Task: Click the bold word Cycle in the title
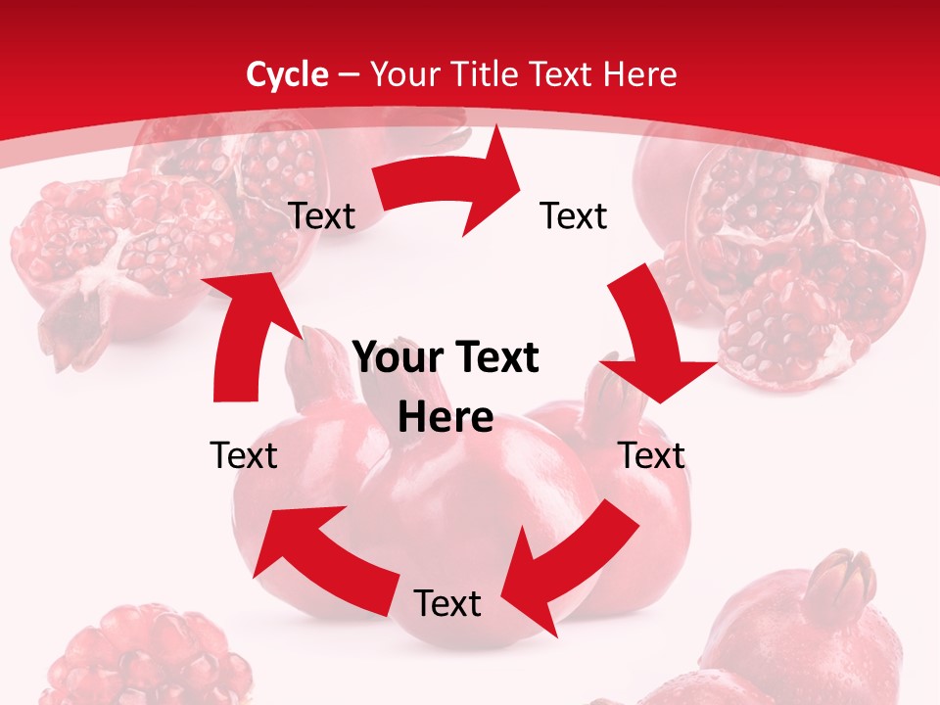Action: pos(287,74)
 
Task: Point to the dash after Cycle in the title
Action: pos(349,75)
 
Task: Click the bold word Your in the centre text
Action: pos(400,358)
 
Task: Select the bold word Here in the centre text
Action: pos(446,418)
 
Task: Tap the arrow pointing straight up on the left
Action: pos(245,333)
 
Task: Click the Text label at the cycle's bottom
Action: pos(447,603)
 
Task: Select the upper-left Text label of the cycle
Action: pos(321,216)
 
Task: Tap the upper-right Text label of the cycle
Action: pos(574,216)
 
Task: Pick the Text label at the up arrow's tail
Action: pos(244,455)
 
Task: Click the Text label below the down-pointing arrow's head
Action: pos(652,455)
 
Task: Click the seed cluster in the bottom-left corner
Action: pos(147,656)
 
